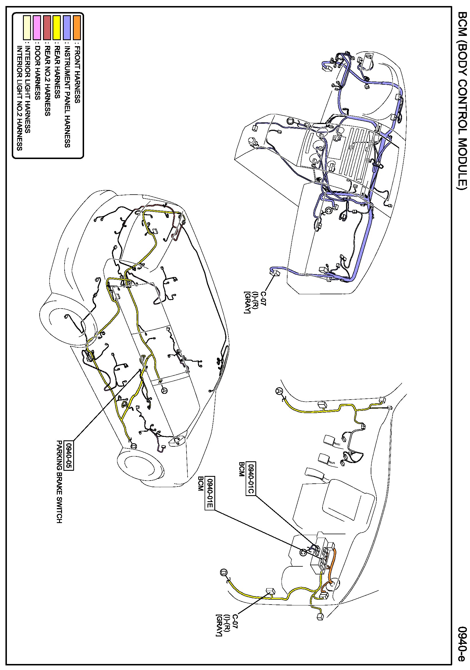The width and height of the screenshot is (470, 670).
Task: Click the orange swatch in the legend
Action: coord(77,28)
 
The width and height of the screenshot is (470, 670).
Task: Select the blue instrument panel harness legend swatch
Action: coord(67,28)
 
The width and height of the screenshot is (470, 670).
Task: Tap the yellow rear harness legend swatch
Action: coord(57,28)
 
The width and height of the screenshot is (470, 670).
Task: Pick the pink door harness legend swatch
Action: coord(37,28)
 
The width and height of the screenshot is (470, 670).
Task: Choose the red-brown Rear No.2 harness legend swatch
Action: coord(47,28)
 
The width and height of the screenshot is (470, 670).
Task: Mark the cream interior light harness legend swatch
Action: coord(27,28)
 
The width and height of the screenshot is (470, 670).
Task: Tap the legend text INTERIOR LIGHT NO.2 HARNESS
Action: coord(20,98)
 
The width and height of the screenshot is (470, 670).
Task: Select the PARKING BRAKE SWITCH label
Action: coord(59,482)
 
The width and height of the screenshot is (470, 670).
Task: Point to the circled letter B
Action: coord(224,573)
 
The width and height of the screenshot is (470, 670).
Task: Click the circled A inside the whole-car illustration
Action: coord(164,390)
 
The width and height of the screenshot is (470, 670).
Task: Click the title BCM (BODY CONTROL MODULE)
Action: coord(463,101)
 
